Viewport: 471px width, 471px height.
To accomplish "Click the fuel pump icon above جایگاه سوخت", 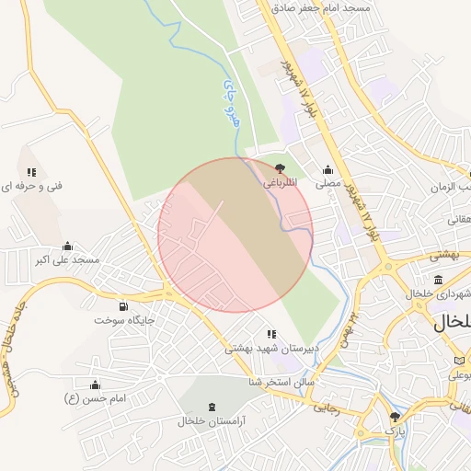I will (x=124, y=306).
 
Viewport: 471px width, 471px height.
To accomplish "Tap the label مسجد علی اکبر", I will (x=68, y=261).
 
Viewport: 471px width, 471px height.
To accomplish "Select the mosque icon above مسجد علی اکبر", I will (x=68, y=247).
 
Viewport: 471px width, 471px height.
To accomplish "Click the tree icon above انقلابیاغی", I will (x=279, y=168).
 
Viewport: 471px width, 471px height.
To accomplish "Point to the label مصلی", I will (x=328, y=184).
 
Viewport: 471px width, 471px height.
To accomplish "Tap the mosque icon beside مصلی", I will (x=328, y=169).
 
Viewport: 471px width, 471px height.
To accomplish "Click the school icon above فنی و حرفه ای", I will (x=32, y=172).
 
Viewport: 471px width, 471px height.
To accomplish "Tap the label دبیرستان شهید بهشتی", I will (x=270, y=350).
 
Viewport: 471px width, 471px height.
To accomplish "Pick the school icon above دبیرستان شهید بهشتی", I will (x=270, y=334).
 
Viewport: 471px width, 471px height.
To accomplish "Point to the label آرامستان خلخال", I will (x=213, y=421).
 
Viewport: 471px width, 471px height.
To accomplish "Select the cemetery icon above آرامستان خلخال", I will (x=213, y=407).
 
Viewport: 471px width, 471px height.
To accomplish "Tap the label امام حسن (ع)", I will (x=94, y=398).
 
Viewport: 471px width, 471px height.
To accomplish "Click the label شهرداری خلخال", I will (x=438, y=294).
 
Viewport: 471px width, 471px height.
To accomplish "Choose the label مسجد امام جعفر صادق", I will (x=320, y=7).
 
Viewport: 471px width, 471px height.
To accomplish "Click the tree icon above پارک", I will (x=395, y=416).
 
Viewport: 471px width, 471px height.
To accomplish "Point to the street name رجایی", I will (x=327, y=406).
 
